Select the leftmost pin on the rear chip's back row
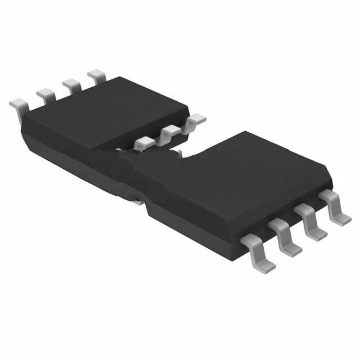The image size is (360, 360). [19, 105]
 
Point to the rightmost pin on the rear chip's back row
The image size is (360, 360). [97, 76]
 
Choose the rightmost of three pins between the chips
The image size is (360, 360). [196, 119]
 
